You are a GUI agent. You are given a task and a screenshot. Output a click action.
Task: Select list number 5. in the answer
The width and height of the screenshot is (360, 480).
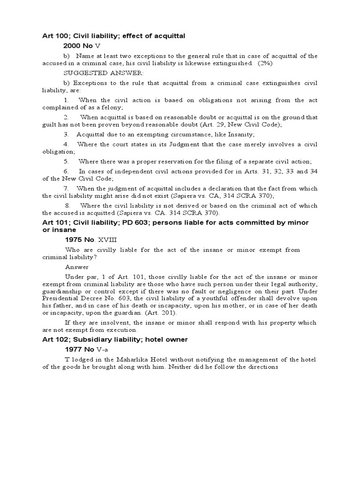coord(67,161)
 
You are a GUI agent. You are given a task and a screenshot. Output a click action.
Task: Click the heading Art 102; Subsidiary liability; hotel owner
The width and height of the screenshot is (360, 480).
coord(115,339)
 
